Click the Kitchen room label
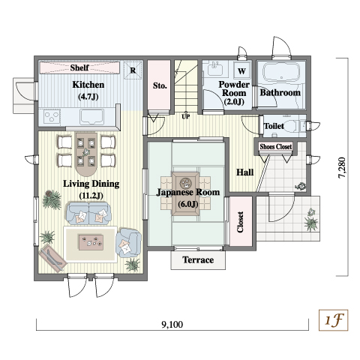(x=88, y=85)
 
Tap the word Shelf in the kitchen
(x=79, y=67)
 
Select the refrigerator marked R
(x=133, y=70)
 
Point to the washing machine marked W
(x=241, y=71)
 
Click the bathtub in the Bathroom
(x=281, y=71)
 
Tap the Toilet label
(x=274, y=126)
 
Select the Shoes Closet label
(x=275, y=146)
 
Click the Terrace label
(x=198, y=259)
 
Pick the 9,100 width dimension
(x=172, y=325)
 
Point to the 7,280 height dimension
(x=341, y=167)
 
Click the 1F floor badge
(x=333, y=320)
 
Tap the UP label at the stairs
(x=185, y=116)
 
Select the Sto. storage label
(x=160, y=85)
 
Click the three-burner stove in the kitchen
(x=52, y=117)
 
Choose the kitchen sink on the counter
(x=91, y=117)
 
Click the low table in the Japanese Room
(x=185, y=193)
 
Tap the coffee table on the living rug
(x=91, y=242)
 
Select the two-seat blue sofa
(x=88, y=213)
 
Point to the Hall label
(x=244, y=172)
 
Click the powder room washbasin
(x=215, y=68)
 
